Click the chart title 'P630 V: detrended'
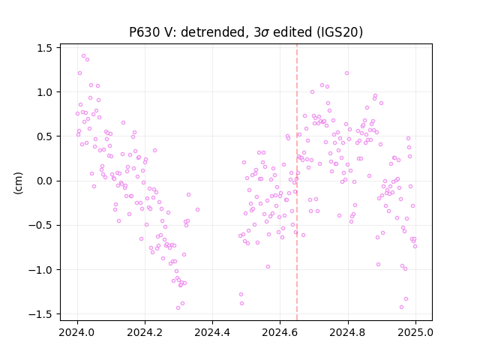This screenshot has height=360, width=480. (x=189, y=32)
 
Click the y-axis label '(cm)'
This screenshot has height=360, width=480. (x=18, y=183)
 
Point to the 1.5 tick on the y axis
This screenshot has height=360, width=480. (x=44, y=48)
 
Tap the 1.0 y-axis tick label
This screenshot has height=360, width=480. (x=44, y=92)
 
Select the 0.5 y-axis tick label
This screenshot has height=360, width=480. (x=44, y=136)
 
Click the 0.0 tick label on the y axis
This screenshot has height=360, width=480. (x=44, y=181)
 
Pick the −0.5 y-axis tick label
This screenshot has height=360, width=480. (x=40, y=226)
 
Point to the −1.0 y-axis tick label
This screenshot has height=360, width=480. (x=40, y=270)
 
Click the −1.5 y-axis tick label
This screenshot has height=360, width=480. (x=40, y=314)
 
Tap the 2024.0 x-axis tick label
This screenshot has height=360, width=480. (x=77, y=332)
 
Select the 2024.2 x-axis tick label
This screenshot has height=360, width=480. (x=145, y=332)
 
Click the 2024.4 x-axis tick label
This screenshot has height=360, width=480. (x=212, y=332)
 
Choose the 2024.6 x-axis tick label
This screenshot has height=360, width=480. (x=280, y=332)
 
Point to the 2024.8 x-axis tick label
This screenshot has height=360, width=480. (x=348, y=332)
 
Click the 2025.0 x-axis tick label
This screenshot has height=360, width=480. (x=415, y=332)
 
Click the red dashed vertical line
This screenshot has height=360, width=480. (x=297, y=182)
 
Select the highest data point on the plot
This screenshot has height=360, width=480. (x=83, y=56)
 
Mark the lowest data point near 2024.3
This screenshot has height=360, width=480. (x=178, y=307)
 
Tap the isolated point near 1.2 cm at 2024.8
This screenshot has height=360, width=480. (x=346, y=73)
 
